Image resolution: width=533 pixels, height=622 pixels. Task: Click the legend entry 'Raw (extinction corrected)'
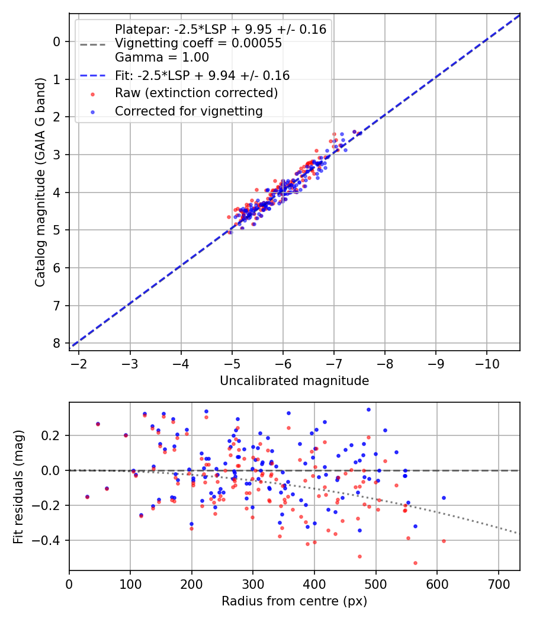(x=196, y=93)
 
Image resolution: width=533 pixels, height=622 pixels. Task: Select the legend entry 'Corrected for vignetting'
(x=188, y=111)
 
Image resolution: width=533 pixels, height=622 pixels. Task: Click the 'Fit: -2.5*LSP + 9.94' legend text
(x=202, y=75)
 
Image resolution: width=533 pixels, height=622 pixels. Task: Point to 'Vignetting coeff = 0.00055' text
(x=198, y=43)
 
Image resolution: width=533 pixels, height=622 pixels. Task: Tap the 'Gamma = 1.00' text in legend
(x=162, y=57)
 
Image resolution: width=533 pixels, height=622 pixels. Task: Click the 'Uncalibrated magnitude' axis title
(x=294, y=381)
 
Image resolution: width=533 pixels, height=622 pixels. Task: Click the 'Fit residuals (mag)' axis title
(x=19, y=486)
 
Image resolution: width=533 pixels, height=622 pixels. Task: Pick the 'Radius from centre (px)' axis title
(x=294, y=601)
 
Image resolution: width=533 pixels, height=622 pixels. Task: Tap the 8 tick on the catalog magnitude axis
(x=57, y=344)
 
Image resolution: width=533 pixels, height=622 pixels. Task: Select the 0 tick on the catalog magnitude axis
(x=57, y=41)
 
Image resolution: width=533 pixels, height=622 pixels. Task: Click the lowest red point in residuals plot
(x=415, y=563)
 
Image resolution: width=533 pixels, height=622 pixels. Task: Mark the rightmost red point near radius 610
(x=444, y=541)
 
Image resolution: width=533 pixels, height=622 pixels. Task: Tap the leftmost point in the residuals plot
(x=87, y=497)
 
